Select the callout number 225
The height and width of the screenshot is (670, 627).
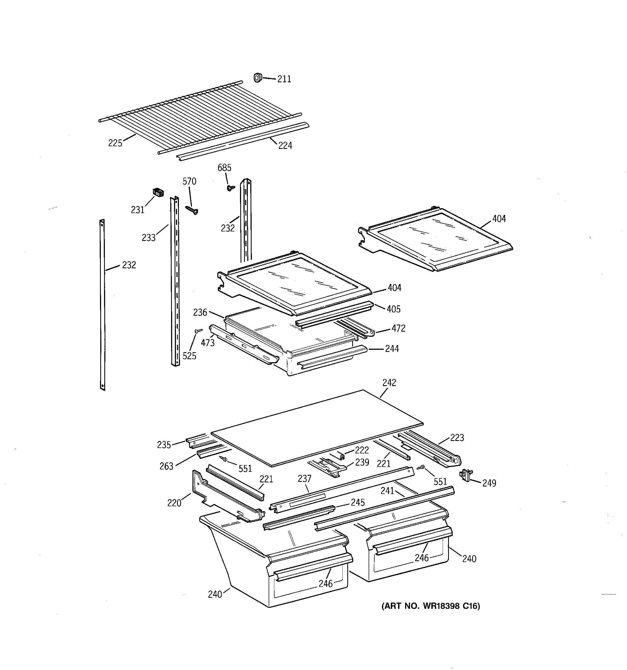click(115, 143)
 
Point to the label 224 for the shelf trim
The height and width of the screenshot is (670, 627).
click(285, 146)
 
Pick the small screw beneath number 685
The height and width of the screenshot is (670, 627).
click(231, 188)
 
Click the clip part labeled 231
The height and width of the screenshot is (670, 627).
click(158, 192)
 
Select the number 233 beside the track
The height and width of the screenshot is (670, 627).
click(148, 238)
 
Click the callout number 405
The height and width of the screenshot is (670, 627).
click(393, 309)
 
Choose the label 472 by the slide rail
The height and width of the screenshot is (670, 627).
click(398, 328)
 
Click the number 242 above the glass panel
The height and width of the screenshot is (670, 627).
click(389, 383)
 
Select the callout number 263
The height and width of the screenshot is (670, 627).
click(166, 466)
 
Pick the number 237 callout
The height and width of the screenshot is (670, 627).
click(305, 479)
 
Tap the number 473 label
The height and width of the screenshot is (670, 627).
click(208, 343)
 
